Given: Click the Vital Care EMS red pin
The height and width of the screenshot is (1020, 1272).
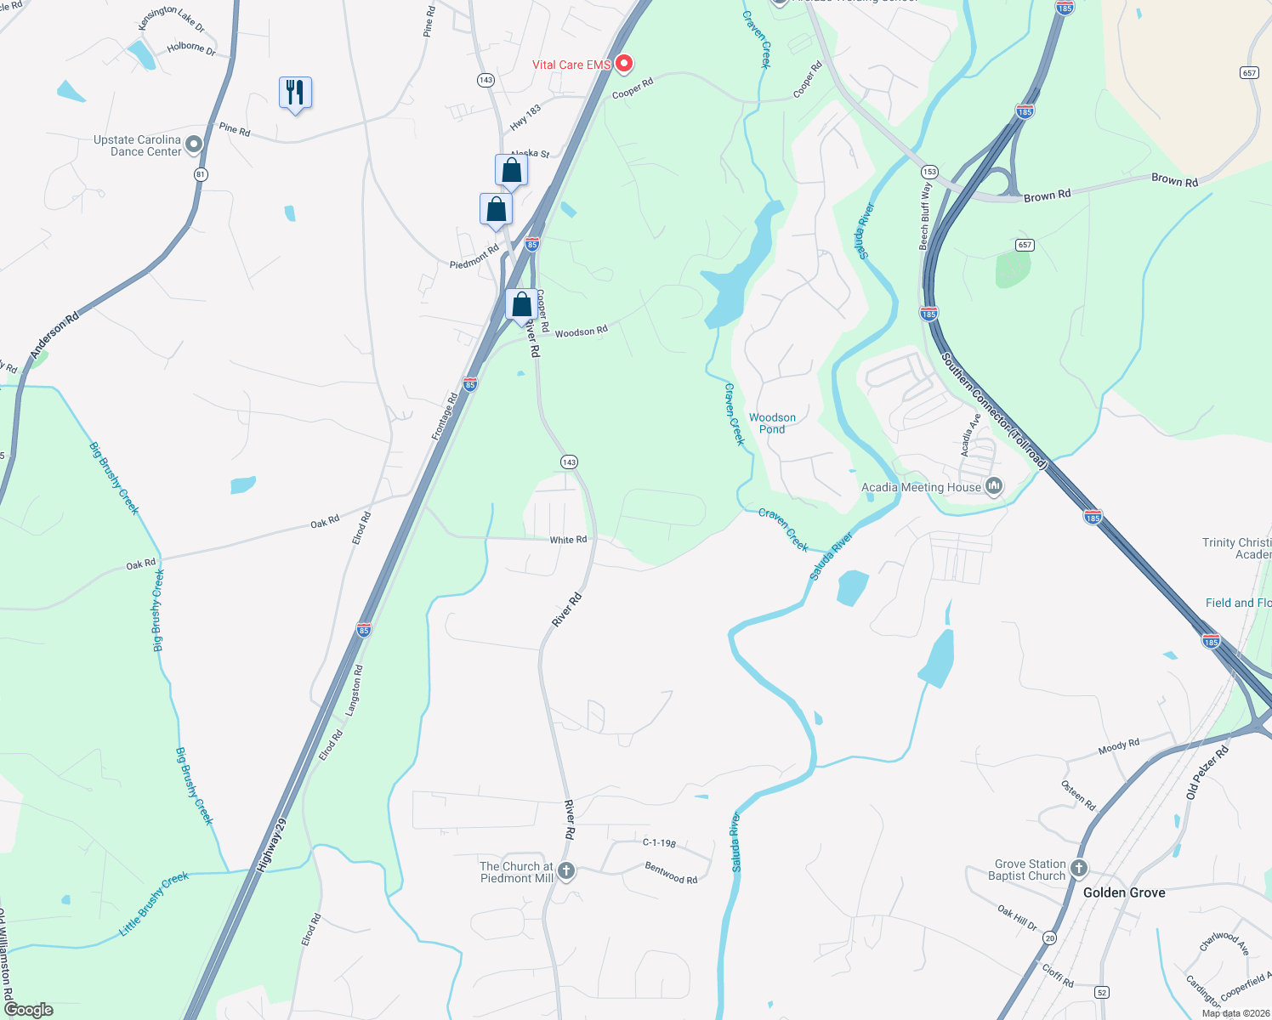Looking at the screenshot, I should [x=624, y=65].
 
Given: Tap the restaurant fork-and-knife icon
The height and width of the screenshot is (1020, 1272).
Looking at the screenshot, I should [x=295, y=93].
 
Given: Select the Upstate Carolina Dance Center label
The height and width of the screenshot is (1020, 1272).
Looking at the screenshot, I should [x=138, y=145].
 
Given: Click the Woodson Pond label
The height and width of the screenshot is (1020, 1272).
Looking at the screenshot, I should [x=772, y=423].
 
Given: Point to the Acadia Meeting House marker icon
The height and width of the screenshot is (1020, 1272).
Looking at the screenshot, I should [x=993, y=487].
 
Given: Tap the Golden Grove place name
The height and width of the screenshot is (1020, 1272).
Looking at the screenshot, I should [x=1124, y=892].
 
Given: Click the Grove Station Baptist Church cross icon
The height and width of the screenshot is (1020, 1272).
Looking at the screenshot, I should [x=1078, y=869].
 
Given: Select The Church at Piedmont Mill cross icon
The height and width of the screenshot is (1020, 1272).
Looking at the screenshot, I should [x=565, y=871].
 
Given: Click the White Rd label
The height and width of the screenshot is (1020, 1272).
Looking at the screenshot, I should [x=568, y=540].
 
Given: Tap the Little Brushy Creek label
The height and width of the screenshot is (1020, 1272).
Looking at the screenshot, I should [x=154, y=904].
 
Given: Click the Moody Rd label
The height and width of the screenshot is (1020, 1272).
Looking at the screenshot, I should [x=1118, y=746].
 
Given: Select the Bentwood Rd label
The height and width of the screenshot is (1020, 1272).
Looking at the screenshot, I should [x=671, y=873].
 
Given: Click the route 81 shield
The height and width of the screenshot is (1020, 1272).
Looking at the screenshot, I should [x=201, y=174].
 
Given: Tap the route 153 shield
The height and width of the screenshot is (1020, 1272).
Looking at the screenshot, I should [x=929, y=172].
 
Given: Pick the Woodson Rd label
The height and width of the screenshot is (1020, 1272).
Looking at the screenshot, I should [x=581, y=331].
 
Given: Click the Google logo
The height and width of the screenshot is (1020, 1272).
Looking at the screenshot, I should [x=28, y=1010].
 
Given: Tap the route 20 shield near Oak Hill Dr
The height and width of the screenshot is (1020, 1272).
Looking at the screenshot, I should [x=1050, y=938].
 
